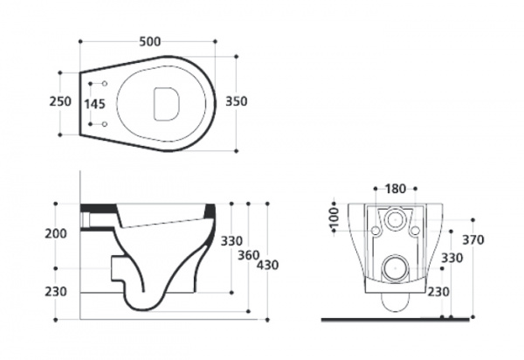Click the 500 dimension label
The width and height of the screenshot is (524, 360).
150,42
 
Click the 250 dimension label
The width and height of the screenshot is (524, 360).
60,101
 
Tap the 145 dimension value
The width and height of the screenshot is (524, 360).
95,104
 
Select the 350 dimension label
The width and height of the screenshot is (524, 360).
237,101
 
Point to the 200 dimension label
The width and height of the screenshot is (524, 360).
56,233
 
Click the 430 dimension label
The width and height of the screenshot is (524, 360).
267,265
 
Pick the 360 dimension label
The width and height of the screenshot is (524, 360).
248,256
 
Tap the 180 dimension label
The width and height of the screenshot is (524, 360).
396,189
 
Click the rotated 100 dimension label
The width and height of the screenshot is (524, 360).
334,217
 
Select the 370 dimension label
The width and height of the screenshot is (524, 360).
472,239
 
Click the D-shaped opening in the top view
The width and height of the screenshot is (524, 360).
166,104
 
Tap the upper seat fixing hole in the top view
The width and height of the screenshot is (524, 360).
105,84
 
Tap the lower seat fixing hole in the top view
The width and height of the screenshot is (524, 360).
105,124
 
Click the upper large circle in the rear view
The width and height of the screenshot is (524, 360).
396,219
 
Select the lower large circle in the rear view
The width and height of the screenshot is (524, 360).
396,268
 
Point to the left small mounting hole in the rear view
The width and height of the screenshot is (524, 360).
376,231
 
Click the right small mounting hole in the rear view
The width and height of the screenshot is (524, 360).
415,231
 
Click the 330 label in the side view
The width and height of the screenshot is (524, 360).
231,241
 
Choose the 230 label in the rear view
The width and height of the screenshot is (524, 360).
438,292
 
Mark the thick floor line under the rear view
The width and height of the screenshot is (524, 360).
396,320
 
